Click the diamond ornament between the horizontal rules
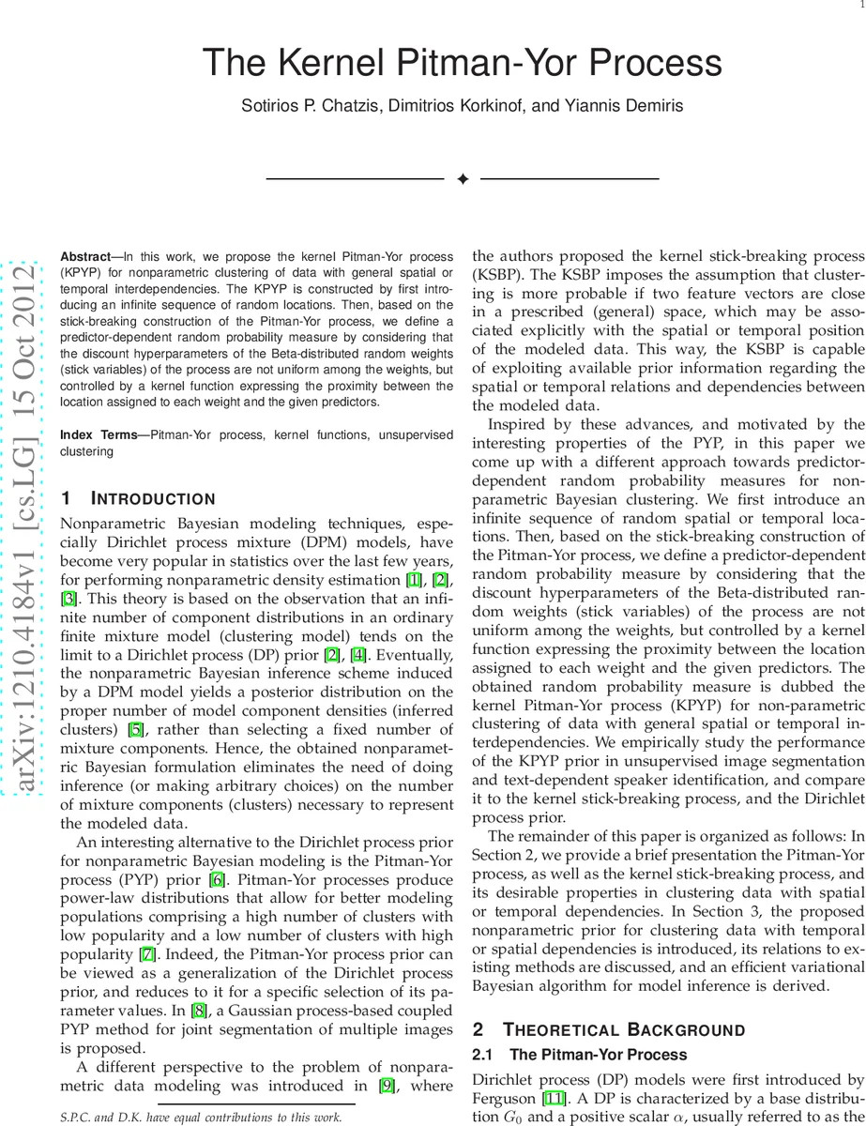462,178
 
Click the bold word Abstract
85,256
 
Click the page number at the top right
860,5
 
